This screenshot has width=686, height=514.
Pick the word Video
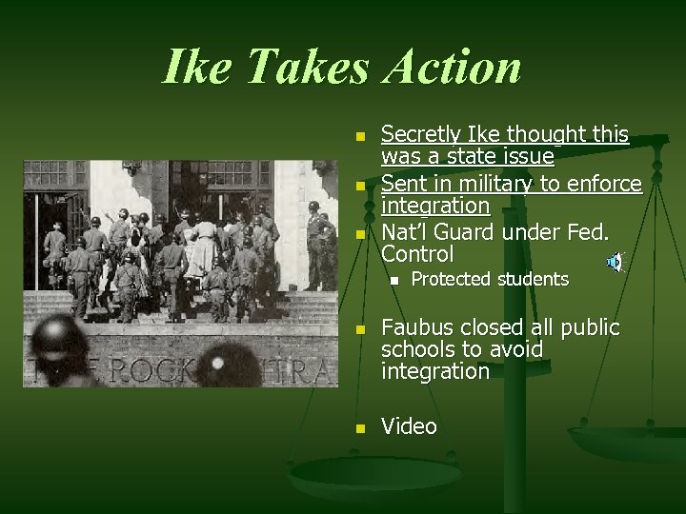point(410,427)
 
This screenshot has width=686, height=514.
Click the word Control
point(417,254)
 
